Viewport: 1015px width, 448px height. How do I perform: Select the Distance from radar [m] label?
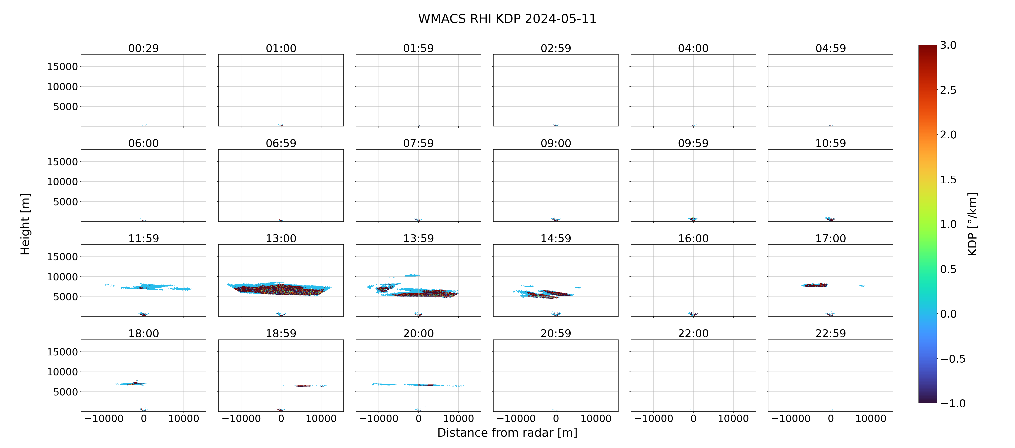tap(507, 433)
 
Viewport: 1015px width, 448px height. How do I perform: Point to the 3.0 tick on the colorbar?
tap(948, 45)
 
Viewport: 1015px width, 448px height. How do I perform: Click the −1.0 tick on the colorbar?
tap(953, 403)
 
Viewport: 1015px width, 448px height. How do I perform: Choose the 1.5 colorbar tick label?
tap(948, 180)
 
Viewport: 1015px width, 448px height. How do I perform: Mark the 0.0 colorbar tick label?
tap(948, 314)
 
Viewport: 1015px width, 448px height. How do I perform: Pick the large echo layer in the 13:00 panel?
tap(280, 289)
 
